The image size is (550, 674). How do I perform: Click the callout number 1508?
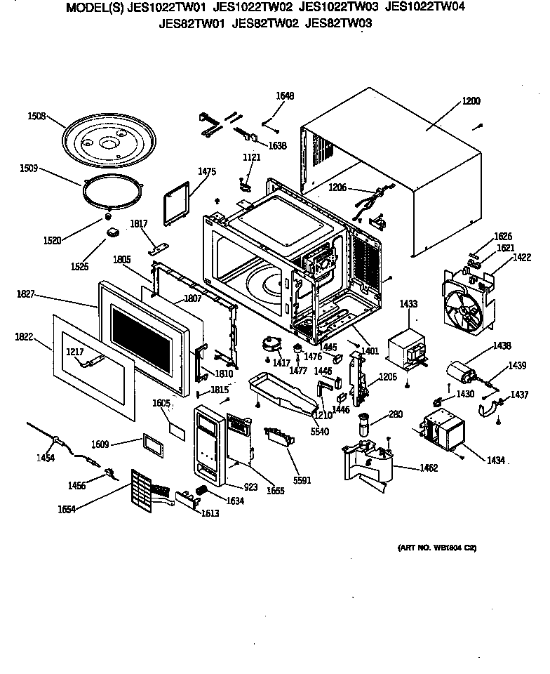pos(36,116)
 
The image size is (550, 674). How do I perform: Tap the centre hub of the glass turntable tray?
pos(108,143)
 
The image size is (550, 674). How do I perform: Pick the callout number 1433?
pos(408,303)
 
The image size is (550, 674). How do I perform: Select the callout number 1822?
pos(24,337)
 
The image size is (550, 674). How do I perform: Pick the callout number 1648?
pos(284,95)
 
